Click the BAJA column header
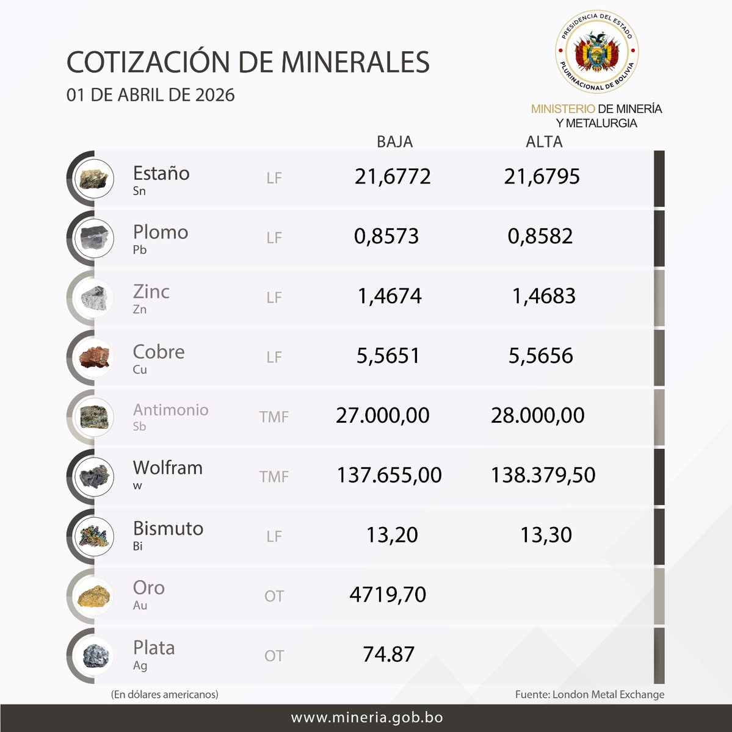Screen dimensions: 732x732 (x=394, y=142)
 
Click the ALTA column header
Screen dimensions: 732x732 (x=544, y=142)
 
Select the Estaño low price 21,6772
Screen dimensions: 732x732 (x=393, y=177)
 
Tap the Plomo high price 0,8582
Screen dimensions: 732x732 (x=540, y=236)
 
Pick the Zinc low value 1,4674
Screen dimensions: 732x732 (x=390, y=296)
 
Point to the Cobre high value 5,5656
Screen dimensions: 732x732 (x=541, y=356)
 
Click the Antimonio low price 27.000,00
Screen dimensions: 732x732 (x=383, y=415)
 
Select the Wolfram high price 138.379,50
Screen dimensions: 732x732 (x=543, y=475)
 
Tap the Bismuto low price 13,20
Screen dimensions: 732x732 (x=392, y=535)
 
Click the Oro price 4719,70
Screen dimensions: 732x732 (x=388, y=595)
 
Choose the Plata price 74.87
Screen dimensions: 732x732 (x=388, y=655)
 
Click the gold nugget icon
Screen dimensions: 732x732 (x=95, y=597)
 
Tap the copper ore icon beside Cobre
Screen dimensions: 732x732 (x=95, y=357)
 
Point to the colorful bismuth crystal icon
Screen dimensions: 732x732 (x=95, y=537)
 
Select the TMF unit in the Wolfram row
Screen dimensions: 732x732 (x=274, y=476)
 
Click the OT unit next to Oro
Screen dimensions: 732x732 (x=274, y=596)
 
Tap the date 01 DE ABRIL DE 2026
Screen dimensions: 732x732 (x=151, y=95)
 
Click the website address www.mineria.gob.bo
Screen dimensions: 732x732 (x=366, y=718)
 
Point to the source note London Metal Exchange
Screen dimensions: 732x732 (x=590, y=694)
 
